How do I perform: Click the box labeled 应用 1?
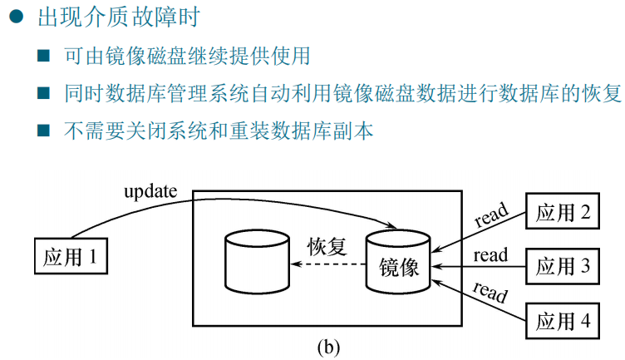tap(71, 257)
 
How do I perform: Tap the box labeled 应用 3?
tap(563, 266)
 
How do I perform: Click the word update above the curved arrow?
tap(150, 191)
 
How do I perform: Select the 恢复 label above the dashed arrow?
tap(327, 247)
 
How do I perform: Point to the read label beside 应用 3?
tap(490, 255)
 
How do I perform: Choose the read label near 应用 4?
tap(490, 293)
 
